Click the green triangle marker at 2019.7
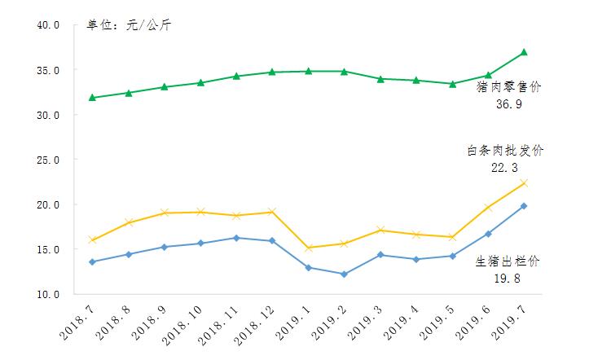click(x=524, y=52)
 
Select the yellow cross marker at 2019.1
click(x=308, y=248)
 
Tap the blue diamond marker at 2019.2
click(x=344, y=274)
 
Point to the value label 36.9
click(x=509, y=105)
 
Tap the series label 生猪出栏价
click(x=508, y=261)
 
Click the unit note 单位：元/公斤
click(x=129, y=25)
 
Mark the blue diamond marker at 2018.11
click(x=236, y=238)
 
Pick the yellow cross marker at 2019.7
click(x=524, y=183)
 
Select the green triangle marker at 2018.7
click(x=93, y=98)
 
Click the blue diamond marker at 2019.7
click(x=524, y=206)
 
